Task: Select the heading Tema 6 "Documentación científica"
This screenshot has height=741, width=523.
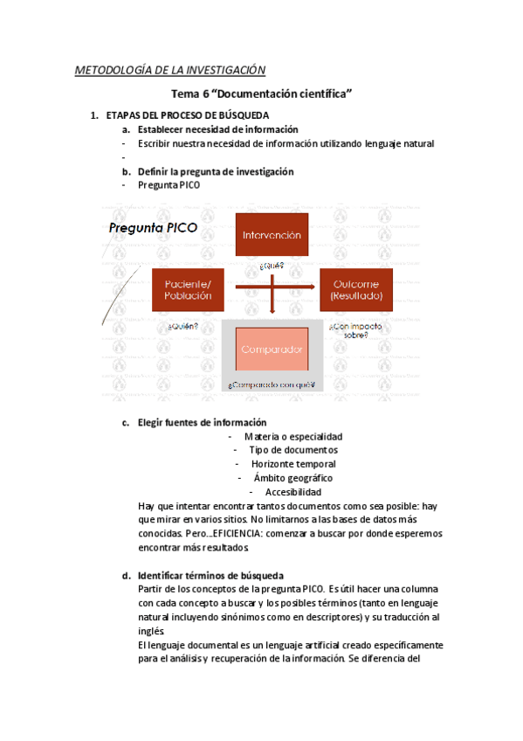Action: coord(261,94)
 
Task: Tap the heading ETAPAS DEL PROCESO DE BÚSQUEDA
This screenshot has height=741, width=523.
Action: coord(188,115)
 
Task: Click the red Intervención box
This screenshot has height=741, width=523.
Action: coord(272,235)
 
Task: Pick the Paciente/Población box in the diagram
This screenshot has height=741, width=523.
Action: coord(188,289)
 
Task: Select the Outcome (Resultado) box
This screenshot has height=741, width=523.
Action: coord(355,289)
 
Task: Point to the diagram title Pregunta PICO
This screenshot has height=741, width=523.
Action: coord(153,228)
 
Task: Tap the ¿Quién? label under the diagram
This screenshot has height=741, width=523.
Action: coord(182,327)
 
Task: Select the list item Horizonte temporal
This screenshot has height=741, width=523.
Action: coord(293,464)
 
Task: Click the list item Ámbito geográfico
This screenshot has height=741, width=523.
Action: coord(292,478)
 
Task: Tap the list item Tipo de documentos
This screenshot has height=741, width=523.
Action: coord(292,450)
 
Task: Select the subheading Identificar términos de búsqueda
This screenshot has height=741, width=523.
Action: coord(210,576)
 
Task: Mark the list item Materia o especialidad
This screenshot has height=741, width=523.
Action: coord(293,436)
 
